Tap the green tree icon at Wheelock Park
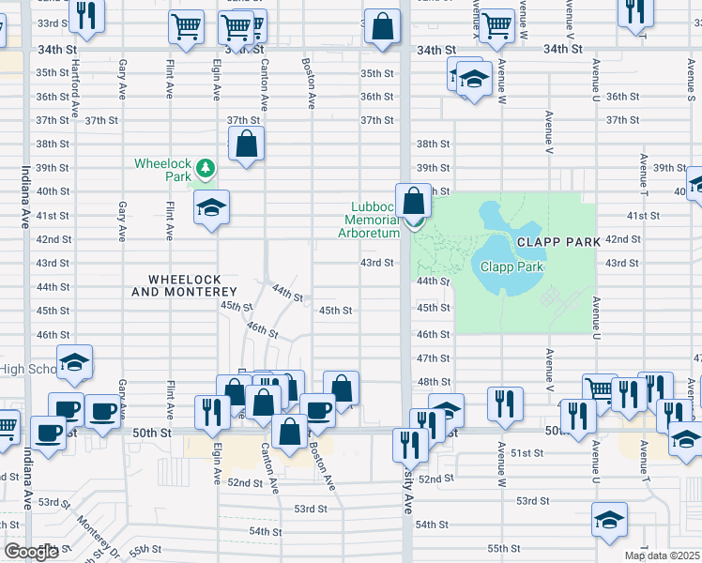tap(205, 170)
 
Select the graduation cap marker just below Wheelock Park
tap(212, 208)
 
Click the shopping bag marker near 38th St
tap(246, 145)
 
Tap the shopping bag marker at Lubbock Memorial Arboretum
tap(414, 201)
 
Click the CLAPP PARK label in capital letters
tap(557, 241)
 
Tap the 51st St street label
tap(527, 453)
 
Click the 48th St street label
tap(434, 382)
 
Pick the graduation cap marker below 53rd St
tap(609, 520)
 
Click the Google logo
tap(30, 552)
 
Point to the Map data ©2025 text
tap(662, 555)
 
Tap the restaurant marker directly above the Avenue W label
tap(505, 403)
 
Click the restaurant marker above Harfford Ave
tap(85, 16)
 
